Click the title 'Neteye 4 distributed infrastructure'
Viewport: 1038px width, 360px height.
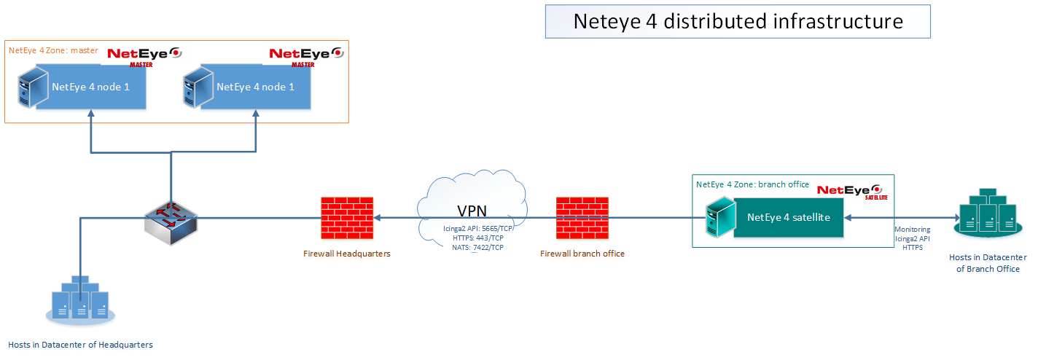[x=738, y=21]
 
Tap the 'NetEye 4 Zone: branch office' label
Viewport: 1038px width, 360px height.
[x=752, y=184]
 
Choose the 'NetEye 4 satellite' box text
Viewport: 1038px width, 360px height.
[x=788, y=217]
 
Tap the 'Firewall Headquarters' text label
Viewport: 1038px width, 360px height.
[x=347, y=254]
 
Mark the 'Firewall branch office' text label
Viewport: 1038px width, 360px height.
[x=582, y=254]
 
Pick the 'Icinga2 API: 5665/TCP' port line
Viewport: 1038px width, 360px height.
[x=478, y=227]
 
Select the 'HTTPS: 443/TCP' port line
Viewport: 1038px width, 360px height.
[x=478, y=238]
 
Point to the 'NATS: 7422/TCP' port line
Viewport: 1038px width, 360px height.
[x=478, y=247]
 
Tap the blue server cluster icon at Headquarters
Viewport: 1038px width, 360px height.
[x=79, y=300]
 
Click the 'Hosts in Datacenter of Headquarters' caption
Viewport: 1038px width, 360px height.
[x=80, y=344]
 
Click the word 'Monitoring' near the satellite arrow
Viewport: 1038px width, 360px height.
[x=912, y=229]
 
